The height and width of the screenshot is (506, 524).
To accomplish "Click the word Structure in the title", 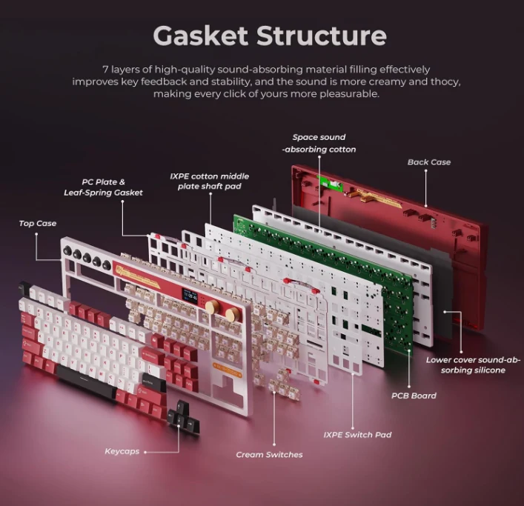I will click(x=321, y=35).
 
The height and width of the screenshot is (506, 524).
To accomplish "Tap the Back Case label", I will click(x=428, y=162).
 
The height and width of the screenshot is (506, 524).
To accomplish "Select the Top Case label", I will click(x=38, y=223).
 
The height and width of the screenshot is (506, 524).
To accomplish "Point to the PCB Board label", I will click(x=414, y=396).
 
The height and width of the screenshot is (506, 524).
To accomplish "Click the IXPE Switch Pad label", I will click(x=357, y=434).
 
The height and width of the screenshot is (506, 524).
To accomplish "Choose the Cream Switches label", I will click(x=269, y=454).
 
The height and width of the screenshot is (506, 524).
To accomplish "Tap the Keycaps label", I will click(x=122, y=451).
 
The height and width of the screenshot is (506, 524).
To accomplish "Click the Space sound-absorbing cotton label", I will click(x=319, y=143).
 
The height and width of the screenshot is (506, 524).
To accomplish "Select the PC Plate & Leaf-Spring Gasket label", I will click(x=103, y=187).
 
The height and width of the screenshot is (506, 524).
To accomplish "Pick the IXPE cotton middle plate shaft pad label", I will click(x=209, y=182).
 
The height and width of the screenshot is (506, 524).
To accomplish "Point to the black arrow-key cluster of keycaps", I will click(x=182, y=419).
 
